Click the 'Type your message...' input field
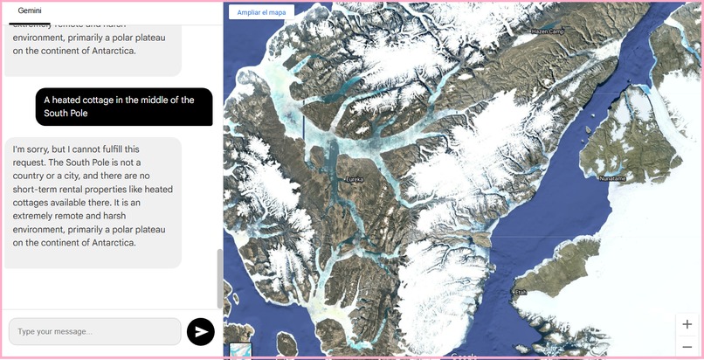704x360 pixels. tap(94, 332)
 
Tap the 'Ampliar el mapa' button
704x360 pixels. tap(261, 12)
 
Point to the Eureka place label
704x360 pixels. tap(355, 180)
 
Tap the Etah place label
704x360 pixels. tap(521, 293)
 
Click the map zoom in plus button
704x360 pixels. tap(687, 324)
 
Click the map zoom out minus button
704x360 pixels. tap(687, 346)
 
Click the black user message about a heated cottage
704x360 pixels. tap(124, 107)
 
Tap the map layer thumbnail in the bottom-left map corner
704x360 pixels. tap(240, 351)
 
